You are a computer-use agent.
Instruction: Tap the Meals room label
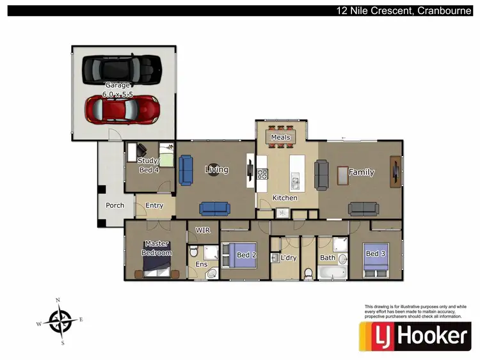click(x=280, y=137)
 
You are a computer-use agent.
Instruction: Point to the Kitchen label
click(x=285, y=198)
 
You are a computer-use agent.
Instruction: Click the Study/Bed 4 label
click(x=149, y=166)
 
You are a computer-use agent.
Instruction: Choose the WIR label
click(x=203, y=230)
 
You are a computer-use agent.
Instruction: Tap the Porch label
click(x=115, y=205)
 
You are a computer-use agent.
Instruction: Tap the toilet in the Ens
click(x=211, y=274)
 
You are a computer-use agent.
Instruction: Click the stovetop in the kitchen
click(x=262, y=174)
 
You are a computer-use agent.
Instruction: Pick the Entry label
click(x=154, y=206)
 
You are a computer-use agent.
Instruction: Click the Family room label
click(x=361, y=173)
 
